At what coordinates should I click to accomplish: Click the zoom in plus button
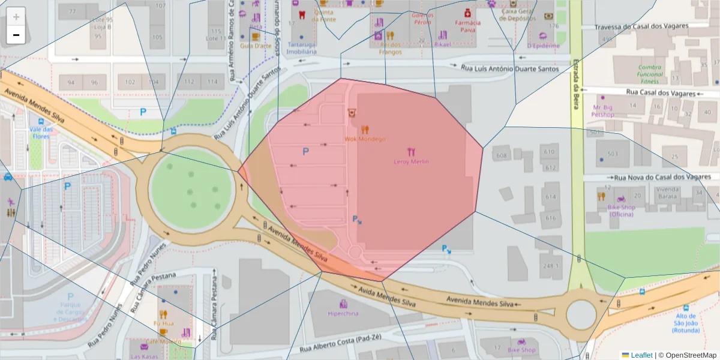(x=16, y=16)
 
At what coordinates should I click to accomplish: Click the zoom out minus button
(x=16, y=35)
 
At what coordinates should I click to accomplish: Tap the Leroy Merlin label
(x=411, y=161)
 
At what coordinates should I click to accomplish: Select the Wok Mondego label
(x=365, y=139)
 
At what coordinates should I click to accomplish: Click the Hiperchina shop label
(x=344, y=313)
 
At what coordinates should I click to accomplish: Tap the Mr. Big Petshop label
(x=602, y=110)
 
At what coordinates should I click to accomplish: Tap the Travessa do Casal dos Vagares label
(x=650, y=27)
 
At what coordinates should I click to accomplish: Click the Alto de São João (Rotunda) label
(x=685, y=323)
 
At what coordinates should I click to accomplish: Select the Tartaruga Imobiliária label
(x=302, y=48)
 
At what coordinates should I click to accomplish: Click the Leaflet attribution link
(x=641, y=355)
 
